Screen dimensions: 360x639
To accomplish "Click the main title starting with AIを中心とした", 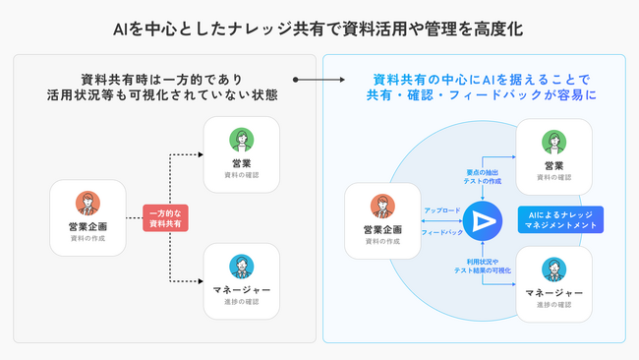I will [x=319, y=30].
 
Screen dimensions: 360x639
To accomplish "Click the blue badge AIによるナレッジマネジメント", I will [x=559, y=219].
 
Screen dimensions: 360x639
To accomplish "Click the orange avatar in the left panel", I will [x=88, y=204].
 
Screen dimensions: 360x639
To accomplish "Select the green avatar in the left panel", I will [x=241, y=138].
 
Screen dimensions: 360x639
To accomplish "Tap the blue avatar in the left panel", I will [x=241, y=266].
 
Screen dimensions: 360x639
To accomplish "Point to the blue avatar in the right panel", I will [x=553, y=269].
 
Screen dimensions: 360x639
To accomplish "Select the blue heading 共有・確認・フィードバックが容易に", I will [x=481, y=95].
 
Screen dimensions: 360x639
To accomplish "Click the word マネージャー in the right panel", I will [x=553, y=292].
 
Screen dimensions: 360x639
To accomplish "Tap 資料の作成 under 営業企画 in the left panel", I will [x=88, y=239].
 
